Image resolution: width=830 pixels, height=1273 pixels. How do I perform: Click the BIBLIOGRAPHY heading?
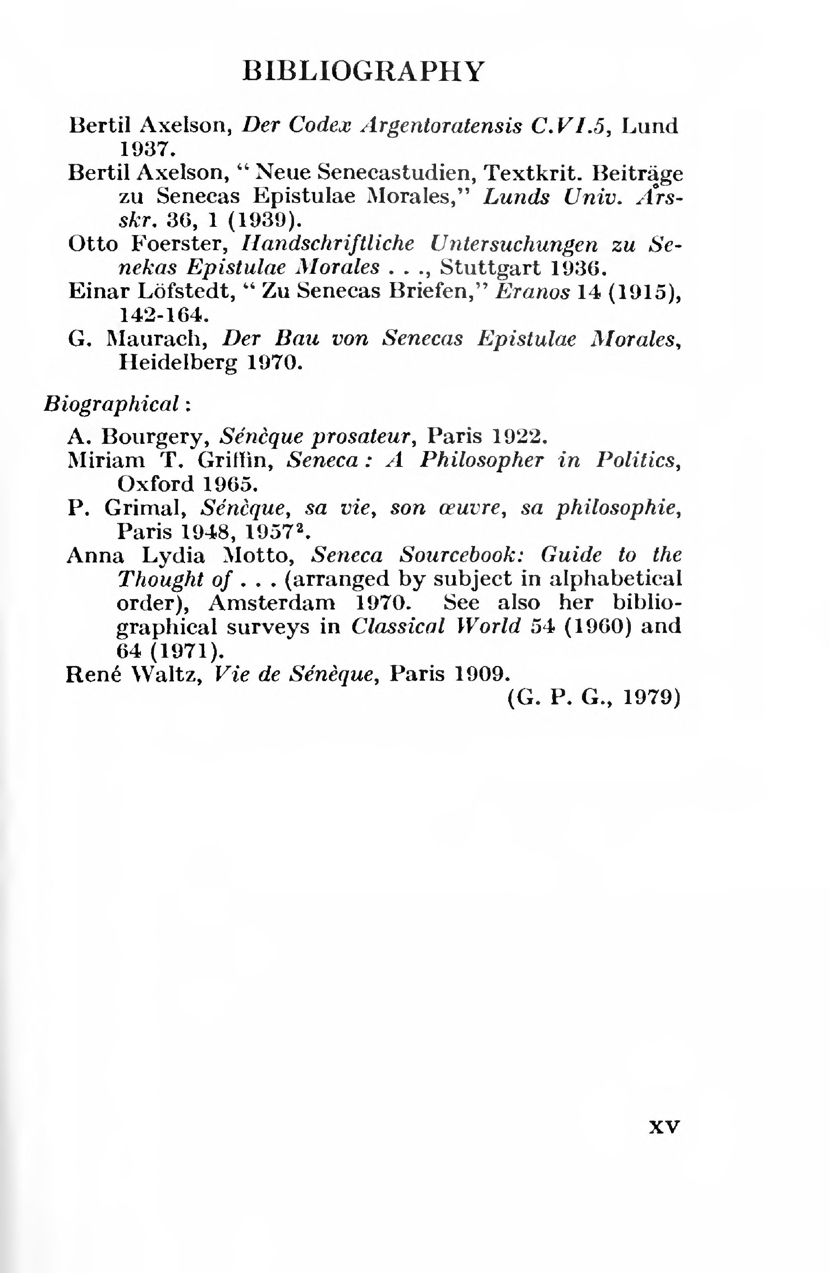[x=364, y=71]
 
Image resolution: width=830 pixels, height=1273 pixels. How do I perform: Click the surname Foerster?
[x=178, y=244]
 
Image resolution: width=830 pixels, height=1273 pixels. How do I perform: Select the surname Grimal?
[x=145, y=508]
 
